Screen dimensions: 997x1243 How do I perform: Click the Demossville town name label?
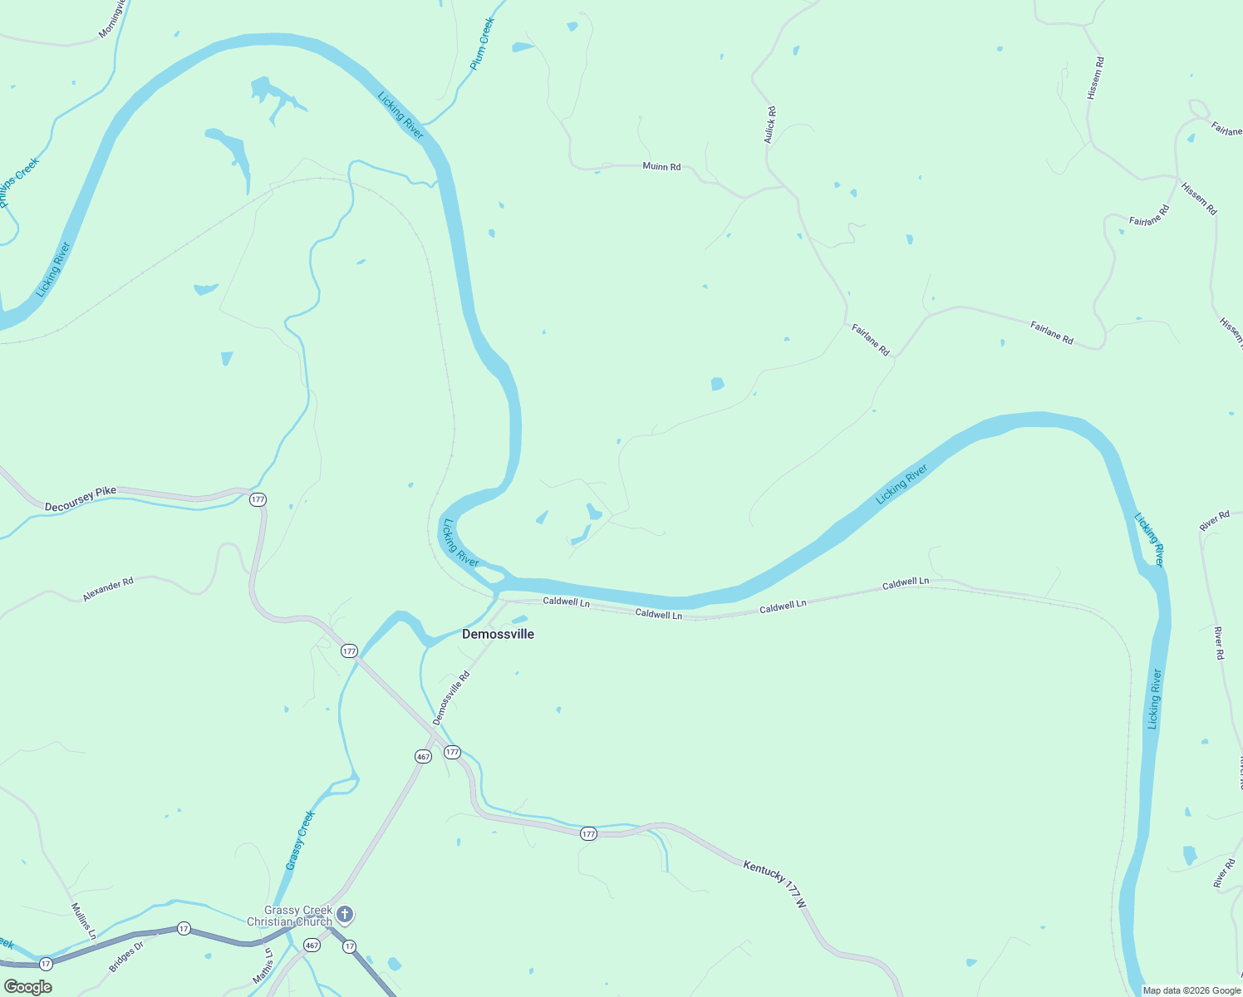498,634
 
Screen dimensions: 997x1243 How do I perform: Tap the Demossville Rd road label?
451,698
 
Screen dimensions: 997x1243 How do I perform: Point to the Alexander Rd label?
108,590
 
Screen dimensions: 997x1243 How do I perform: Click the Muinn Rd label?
661,167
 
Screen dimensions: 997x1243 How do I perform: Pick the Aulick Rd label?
770,125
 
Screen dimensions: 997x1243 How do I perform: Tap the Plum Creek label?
482,43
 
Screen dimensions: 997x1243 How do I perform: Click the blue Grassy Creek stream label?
300,840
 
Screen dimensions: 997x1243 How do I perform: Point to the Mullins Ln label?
84,921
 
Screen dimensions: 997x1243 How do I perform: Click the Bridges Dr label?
126,956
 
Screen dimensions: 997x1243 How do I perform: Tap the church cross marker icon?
345,915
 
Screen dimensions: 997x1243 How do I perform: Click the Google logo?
28,987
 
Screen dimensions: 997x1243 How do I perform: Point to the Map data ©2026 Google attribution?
1191,990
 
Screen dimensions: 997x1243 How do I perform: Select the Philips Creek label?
18,183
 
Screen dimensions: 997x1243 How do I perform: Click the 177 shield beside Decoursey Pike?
258,499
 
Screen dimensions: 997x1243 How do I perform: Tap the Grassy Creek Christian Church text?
290,916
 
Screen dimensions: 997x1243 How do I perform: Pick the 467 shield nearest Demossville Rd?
423,757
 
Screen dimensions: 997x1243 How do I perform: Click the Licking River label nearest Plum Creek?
400,115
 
